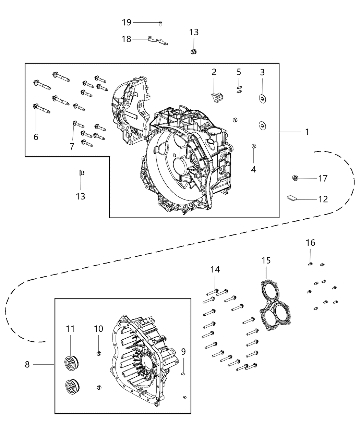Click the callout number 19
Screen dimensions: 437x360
point(127,23)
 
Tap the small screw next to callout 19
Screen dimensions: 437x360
point(160,23)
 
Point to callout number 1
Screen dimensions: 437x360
point(307,132)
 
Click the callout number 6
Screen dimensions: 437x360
point(36,137)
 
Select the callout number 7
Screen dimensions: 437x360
point(72,146)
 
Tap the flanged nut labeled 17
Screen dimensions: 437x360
point(294,178)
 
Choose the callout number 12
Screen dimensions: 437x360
point(323,199)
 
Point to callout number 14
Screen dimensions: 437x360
point(215,270)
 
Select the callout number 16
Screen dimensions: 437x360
point(310,243)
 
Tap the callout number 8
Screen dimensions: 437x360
point(27,364)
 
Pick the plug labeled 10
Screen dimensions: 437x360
point(98,353)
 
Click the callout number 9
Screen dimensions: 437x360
point(183,352)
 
